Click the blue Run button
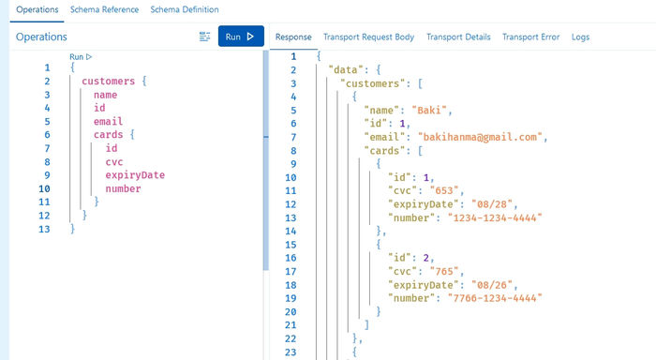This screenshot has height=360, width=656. tap(241, 37)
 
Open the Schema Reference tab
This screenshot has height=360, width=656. tap(104, 9)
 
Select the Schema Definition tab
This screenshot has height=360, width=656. tap(185, 9)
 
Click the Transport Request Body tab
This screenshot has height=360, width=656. tap(368, 37)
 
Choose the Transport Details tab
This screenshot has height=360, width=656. tap(457, 37)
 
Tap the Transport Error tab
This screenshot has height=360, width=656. tap(530, 37)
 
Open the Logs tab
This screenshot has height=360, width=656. tap(580, 37)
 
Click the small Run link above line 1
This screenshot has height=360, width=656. tap(81, 57)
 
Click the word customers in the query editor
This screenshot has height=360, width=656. tap(109, 82)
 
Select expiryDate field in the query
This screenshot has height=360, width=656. tap(135, 175)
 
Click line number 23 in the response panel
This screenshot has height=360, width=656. tap(290, 352)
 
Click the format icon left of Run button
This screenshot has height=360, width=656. tap(205, 37)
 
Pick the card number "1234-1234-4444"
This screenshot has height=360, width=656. tap(489, 217)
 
